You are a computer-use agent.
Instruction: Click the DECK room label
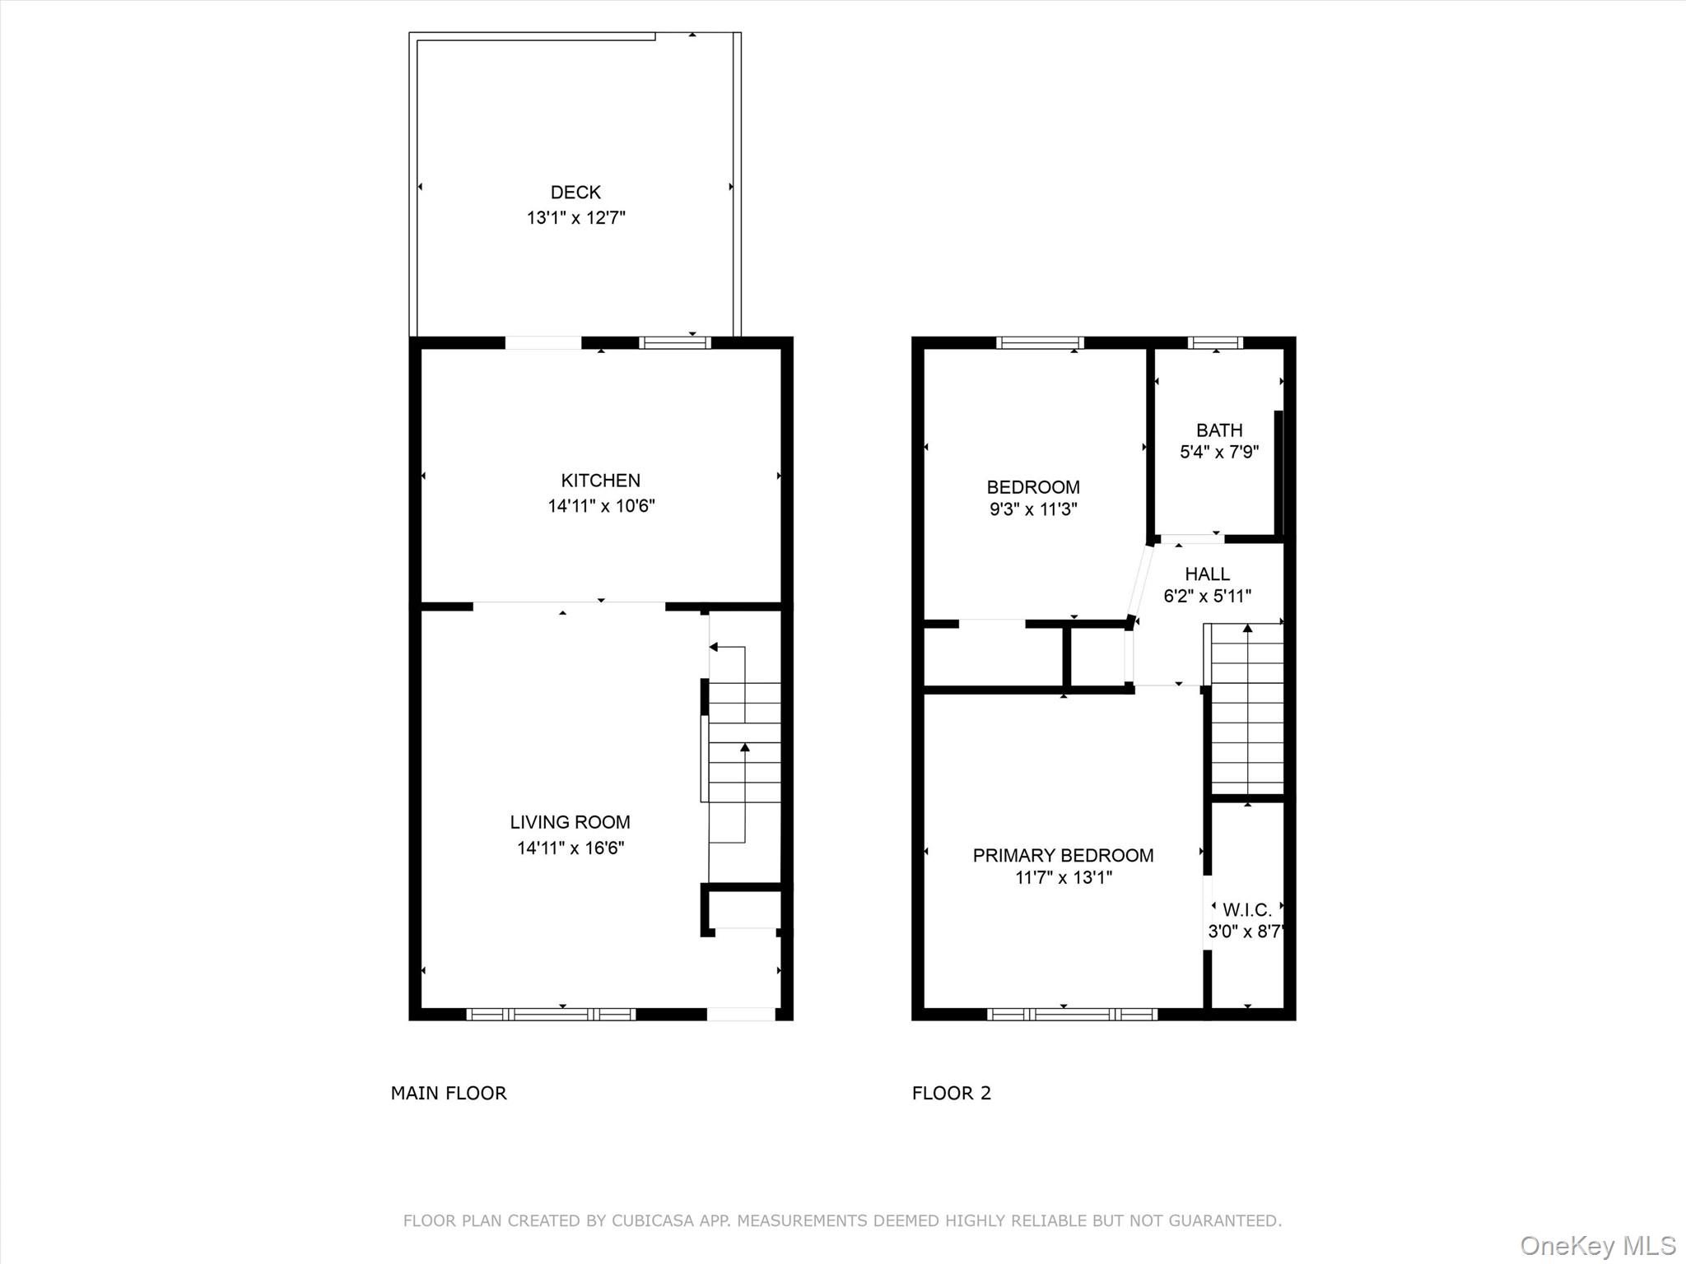pos(575,193)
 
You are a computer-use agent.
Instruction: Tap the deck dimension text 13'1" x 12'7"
pos(575,218)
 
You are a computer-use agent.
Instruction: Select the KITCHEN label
pos(600,481)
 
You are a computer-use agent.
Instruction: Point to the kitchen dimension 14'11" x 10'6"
pos(601,506)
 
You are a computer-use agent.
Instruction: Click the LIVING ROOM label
pos(570,822)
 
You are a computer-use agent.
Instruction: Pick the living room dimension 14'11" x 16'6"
pos(570,848)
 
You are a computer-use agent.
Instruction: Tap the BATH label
pos(1218,430)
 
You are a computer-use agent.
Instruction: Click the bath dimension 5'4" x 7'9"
pos(1218,452)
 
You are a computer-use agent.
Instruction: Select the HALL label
pos(1207,574)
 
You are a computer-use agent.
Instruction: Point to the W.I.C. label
pos(1246,910)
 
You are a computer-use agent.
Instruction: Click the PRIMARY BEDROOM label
pos(1063,856)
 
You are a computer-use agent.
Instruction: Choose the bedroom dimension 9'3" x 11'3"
pos(1033,509)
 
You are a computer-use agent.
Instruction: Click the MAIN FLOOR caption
pos(449,1093)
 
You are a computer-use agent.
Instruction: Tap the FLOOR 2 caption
pos(951,1093)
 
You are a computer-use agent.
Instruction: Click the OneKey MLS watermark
pos(1597,1245)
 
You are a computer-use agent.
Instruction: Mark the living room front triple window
pos(550,1015)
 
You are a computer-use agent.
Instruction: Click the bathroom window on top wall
pos(1215,343)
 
